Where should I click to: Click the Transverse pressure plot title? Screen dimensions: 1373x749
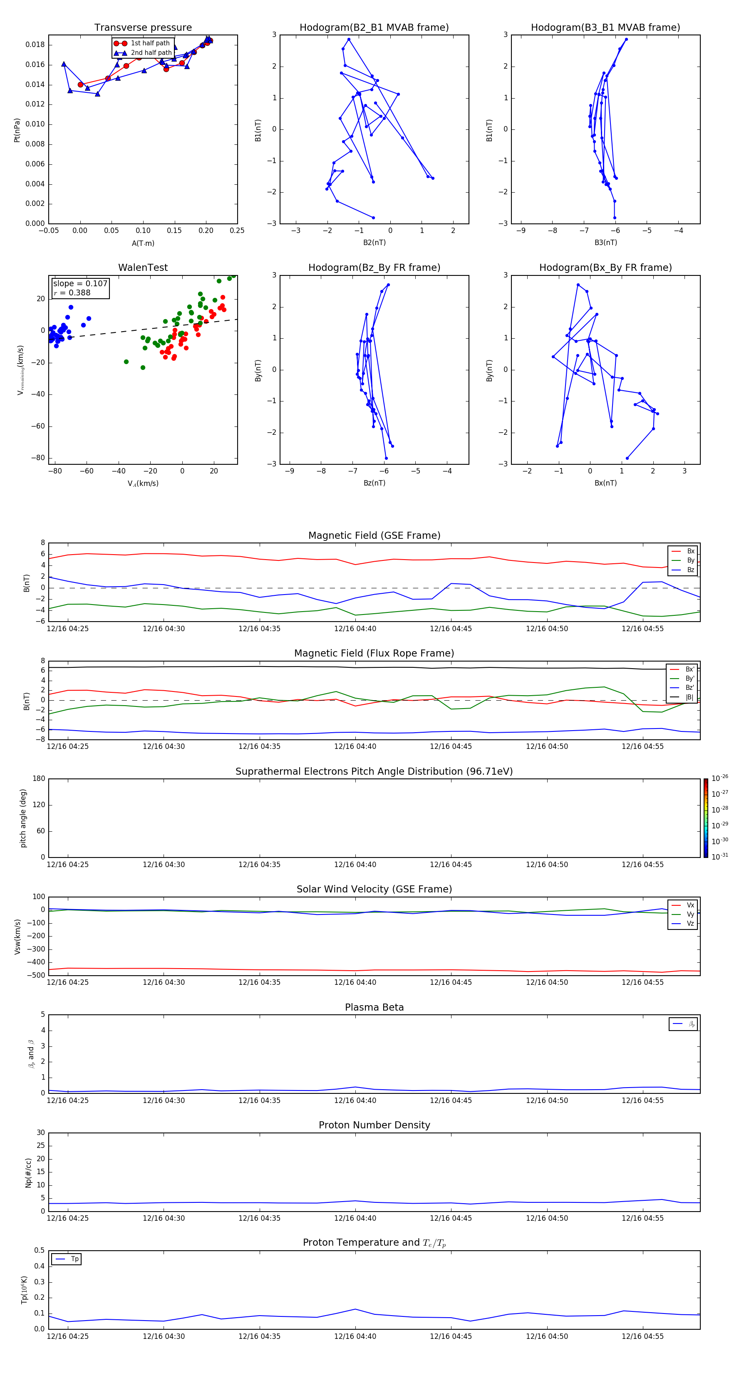click(x=143, y=28)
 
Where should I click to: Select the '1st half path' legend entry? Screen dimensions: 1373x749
click(x=150, y=43)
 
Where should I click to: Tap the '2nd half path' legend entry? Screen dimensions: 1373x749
click(x=151, y=53)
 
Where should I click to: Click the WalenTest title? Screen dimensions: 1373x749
click(x=143, y=268)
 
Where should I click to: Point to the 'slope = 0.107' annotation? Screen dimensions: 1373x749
click(x=80, y=284)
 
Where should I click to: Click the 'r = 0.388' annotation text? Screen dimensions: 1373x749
click(x=72, y=292)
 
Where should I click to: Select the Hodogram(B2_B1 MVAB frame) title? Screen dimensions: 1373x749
click(x=374, y=28)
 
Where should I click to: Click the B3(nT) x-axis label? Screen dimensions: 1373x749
click(x=605, y=243)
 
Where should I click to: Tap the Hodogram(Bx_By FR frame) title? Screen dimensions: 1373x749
click(x=605, y=268)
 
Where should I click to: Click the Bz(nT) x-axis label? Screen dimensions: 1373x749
click(x=374, y=483)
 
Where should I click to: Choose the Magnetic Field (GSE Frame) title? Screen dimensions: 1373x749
click(x=374, y=535)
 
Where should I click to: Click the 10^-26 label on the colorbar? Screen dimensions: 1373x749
click(x=720, y=778)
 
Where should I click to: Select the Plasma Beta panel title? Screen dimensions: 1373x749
click(x=374, y=1007)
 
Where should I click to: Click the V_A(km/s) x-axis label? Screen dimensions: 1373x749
click(x=143, y=483)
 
